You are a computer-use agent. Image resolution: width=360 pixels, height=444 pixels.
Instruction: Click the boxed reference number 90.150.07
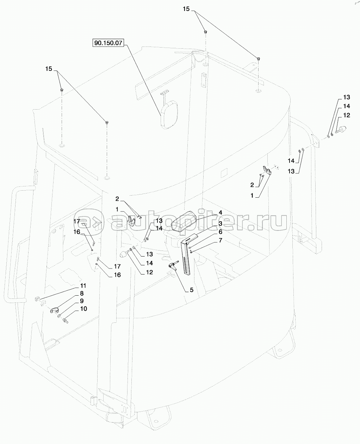108,43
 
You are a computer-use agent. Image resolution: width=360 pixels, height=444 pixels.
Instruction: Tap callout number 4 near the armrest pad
220,223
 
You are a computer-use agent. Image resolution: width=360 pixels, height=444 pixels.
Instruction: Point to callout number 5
192,290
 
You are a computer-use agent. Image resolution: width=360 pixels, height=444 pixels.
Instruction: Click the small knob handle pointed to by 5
173,267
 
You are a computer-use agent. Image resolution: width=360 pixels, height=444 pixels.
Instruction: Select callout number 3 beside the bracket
220,223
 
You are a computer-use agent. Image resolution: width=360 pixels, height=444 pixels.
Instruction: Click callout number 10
83,309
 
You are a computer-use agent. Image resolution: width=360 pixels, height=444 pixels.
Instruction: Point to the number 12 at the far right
347,115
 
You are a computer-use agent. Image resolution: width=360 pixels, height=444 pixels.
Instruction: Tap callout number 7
220,240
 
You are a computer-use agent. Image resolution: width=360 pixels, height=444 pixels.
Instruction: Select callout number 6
220,232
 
